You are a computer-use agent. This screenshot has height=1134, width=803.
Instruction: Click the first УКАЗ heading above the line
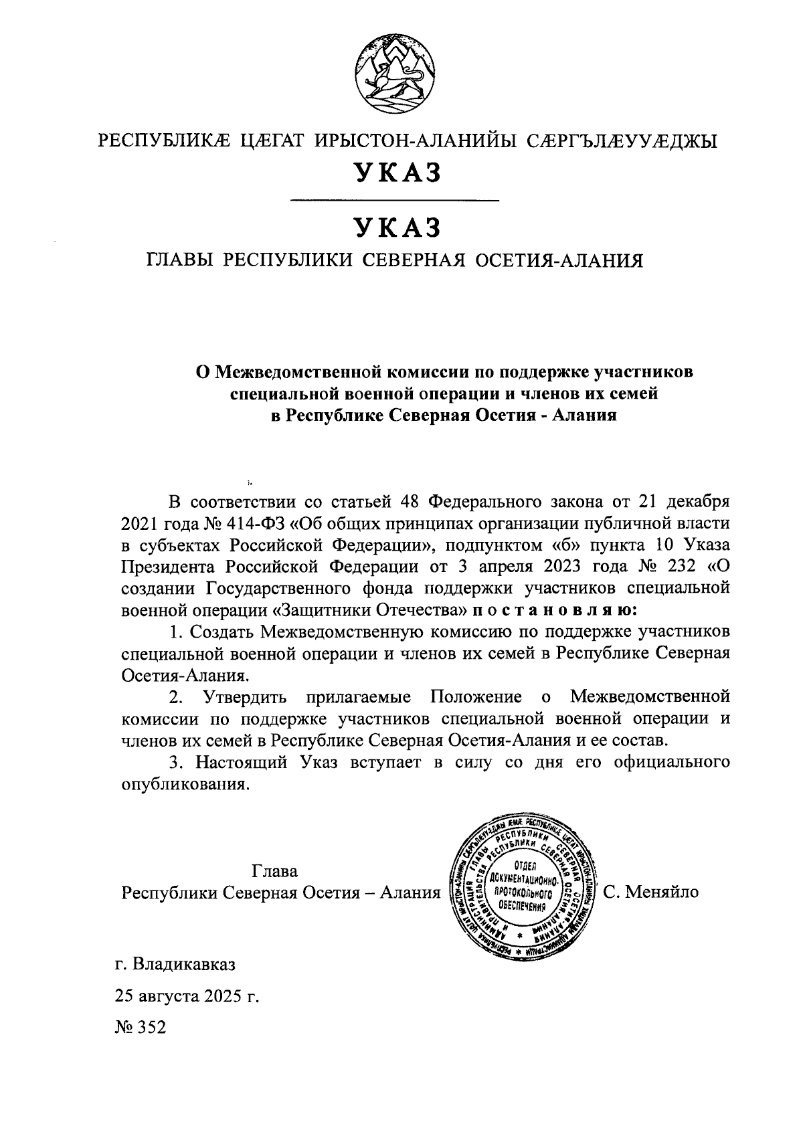click(x=397, y=173)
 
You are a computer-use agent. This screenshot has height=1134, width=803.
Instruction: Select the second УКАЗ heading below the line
click(x=397, y=228)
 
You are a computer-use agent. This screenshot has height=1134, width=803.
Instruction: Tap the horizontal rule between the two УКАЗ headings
click(x=397, y=200)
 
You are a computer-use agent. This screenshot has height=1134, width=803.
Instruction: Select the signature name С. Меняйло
click(x=650, y=892)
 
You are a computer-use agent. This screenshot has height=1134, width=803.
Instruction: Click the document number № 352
click(x=140, y=1026)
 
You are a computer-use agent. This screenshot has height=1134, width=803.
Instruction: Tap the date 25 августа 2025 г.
click(x=187, y=995)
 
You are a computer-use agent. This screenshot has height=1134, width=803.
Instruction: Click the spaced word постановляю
click(x=555, y=610)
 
